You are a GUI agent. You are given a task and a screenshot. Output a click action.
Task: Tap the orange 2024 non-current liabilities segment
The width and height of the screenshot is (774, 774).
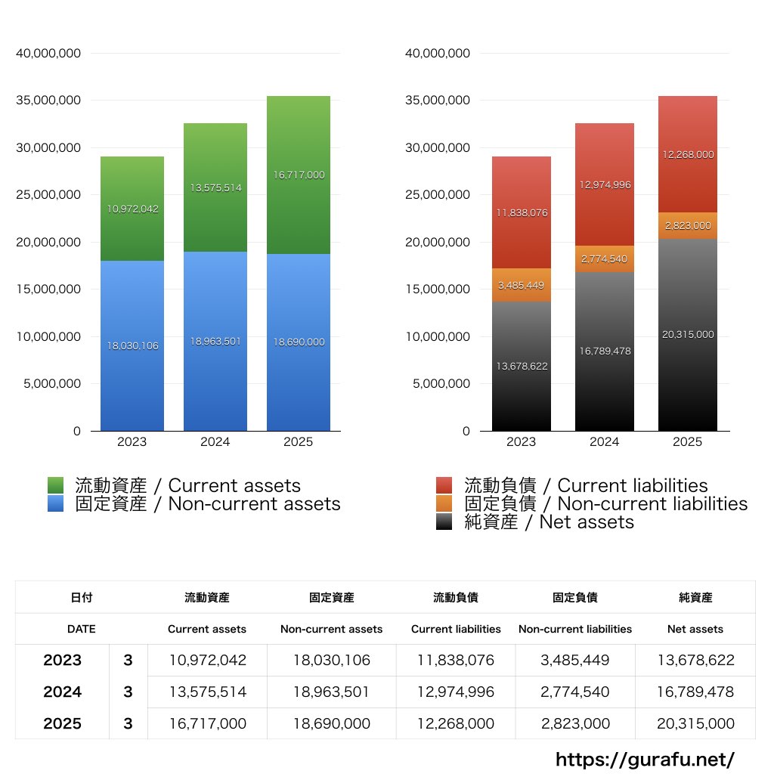point(604,259)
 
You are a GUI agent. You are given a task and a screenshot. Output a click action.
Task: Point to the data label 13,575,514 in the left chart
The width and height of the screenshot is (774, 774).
point(215,188)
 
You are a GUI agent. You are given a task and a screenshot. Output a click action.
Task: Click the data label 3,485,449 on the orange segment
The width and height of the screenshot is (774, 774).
point(522,286)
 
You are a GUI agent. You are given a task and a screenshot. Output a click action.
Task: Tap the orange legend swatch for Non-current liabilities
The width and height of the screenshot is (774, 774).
point(444,503)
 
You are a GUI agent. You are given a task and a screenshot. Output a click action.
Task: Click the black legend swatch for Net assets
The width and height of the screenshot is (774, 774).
point(444,522)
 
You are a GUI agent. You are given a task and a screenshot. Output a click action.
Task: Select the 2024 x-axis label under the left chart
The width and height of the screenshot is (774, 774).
point(215,442)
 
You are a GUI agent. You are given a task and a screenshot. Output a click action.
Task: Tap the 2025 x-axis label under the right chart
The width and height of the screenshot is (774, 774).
point(687,442)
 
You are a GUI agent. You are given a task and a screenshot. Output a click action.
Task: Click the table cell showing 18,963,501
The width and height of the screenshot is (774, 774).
point(332,692)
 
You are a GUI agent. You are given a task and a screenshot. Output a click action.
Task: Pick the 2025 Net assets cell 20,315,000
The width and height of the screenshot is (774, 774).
point(695,723)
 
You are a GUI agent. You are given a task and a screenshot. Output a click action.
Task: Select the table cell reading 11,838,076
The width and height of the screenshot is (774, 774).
point(456,660)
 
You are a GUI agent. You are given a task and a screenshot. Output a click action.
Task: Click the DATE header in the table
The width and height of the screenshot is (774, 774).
point(82,629)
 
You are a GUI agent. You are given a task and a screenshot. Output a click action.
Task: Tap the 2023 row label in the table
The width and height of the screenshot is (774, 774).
point(62,660)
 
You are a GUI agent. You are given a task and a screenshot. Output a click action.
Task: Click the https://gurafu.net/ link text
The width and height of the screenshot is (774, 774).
point(645,759)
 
